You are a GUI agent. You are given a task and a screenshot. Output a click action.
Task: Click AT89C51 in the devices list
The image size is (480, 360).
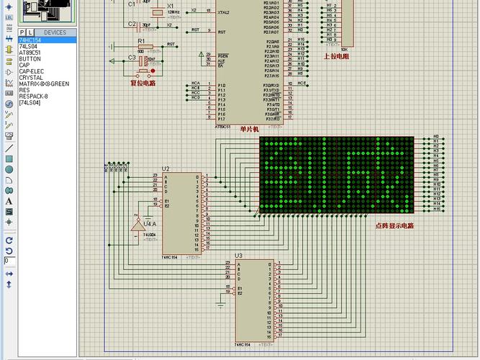(30, 53)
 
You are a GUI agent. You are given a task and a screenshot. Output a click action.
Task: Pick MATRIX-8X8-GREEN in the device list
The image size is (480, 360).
(44, 84)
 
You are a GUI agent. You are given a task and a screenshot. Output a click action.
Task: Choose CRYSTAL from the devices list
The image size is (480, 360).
(31, 78)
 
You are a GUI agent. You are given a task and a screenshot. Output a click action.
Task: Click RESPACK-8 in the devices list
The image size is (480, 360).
(34, 96)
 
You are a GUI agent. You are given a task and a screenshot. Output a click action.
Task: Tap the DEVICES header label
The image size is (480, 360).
(55, 32)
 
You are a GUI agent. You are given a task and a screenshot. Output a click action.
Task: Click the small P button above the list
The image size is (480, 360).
(22, 32)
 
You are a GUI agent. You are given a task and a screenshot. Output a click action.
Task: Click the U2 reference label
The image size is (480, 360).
(166, 168)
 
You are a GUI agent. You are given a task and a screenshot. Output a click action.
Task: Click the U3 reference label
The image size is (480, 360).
(238, 256)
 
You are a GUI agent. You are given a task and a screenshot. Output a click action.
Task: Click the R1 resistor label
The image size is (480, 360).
(131, 42)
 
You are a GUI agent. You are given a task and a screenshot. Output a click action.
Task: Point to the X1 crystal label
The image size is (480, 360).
(171, 6)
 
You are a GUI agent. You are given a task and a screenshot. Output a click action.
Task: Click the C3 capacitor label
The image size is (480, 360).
(132, 58)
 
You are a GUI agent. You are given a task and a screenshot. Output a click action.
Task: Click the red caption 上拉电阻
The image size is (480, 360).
(335, 55)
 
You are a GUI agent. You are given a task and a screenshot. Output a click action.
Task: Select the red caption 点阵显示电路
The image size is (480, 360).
(394, 225)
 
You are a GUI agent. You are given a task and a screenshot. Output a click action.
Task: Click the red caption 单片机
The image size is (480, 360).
(249, 129)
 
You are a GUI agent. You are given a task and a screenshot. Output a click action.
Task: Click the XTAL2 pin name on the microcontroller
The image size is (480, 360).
(223, 12)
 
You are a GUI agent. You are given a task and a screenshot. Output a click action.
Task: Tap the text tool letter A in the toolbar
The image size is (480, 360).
(9, 202)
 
